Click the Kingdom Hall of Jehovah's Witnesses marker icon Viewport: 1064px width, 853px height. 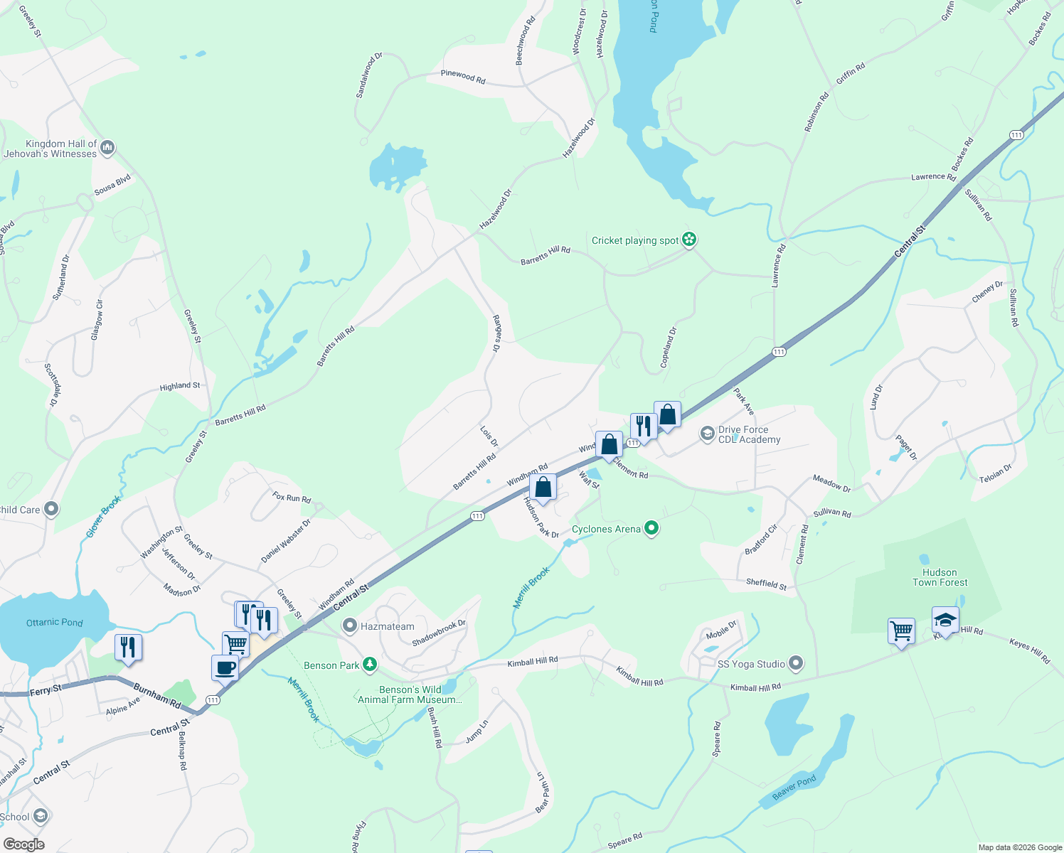(107, 148)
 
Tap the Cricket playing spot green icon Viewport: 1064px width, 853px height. (688, 240)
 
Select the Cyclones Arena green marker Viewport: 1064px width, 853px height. (651, 528)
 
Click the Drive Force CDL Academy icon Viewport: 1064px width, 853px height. (707, 434)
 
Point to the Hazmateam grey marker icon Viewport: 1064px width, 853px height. (349, 626)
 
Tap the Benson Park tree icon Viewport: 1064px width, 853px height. (369, 665)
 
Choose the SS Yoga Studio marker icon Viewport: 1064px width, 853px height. (796, 664)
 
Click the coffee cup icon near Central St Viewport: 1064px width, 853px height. (225, 668)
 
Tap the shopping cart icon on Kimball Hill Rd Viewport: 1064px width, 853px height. (901, 631)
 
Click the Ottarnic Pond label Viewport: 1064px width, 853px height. (55, 623)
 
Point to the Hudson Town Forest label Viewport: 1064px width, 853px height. (940, 577)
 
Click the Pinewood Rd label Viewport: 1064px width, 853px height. (463, 77)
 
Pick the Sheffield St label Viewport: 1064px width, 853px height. (766, 584)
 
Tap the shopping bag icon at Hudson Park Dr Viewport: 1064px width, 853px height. (543, 488)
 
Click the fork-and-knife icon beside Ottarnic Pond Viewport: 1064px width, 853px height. (128, 648)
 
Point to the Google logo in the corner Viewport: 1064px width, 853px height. (23, 844)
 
